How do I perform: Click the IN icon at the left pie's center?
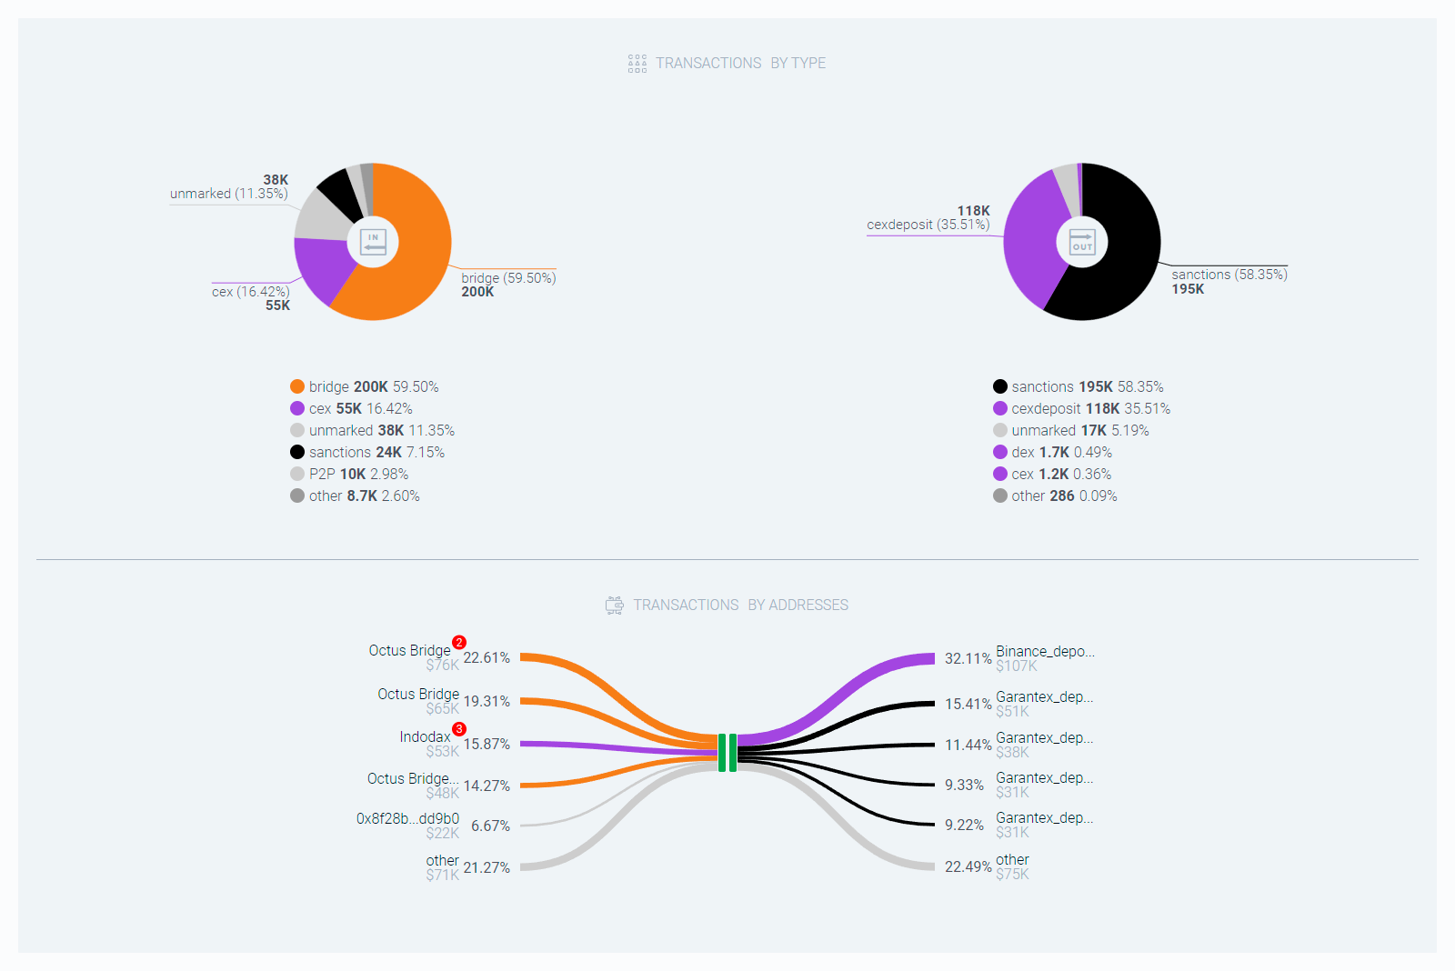(x=373, y=242)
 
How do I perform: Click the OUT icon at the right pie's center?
(x=1082, y=242)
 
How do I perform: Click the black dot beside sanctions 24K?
(x=297, y=452)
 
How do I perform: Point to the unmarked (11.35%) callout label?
(x=228, y=194)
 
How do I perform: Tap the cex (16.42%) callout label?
(x=250, y=292)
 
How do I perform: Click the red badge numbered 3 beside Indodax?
(x=459, y=729)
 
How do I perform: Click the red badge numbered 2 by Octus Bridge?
(x=459, y=643)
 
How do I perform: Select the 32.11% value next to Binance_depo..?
(x=968, y=658)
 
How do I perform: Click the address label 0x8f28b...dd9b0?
(x=407, y=818)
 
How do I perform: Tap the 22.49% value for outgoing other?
(x=968, y=866)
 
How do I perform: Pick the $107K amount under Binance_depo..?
(x=1016, y=666)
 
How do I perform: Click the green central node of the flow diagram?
(x=727, y=753)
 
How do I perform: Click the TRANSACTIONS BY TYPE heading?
(x=740, y=63)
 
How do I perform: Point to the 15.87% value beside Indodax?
(x=487, y=744)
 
